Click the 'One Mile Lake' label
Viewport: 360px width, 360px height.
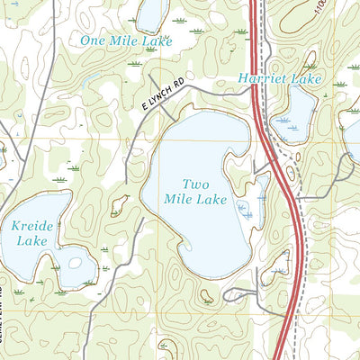click(x=125, y=40)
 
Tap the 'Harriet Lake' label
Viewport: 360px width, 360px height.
click(x=268, y=79)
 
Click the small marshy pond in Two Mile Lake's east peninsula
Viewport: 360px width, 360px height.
click(x=245, y=210)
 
